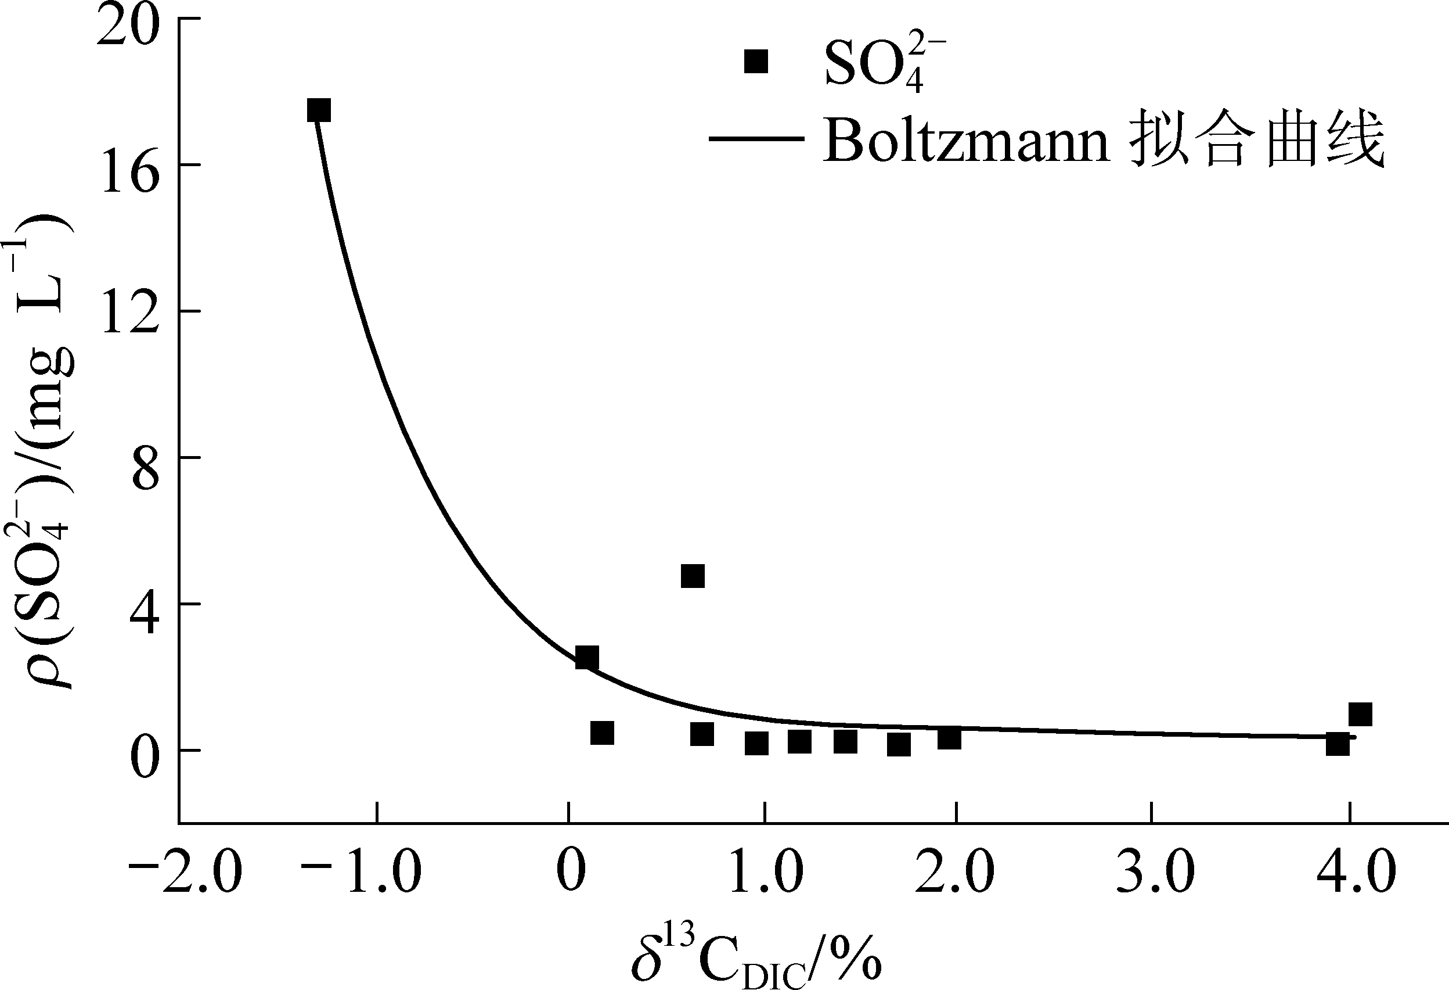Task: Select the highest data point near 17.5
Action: point(319,110)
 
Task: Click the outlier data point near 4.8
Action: point(693,576)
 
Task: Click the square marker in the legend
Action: point(756,62)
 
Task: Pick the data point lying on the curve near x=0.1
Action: point(587,658)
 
